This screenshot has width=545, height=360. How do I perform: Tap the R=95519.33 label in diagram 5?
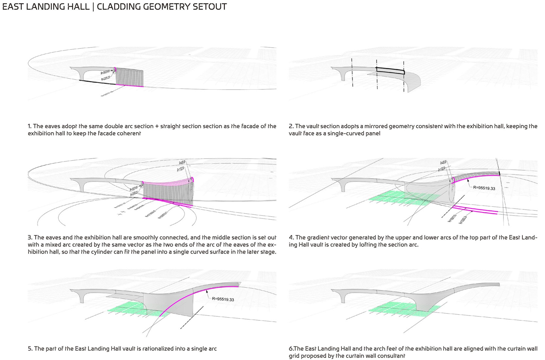[223, 299]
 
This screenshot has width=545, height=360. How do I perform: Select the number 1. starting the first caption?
[29, 126]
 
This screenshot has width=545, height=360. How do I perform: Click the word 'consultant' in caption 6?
[391, 356]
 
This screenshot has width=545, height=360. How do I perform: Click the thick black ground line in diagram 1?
[98, 82]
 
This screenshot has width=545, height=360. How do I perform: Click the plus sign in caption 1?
[157, 126]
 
